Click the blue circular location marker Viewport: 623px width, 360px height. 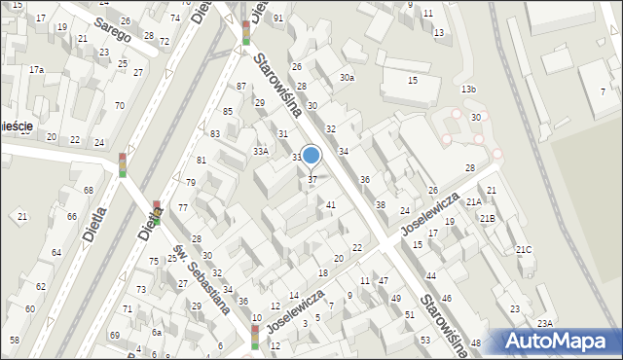[311, 155]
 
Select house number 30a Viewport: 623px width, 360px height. [347, 77]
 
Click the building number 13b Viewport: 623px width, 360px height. [469, 90]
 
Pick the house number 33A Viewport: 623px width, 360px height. [261, 151]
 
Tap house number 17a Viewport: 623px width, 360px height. [36, 70]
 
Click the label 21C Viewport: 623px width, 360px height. [524, 250]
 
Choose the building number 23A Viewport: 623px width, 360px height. [545, 323]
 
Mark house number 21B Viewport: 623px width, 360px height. [486, 218]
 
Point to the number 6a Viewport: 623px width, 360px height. [156, 332]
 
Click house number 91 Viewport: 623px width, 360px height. [278, 18]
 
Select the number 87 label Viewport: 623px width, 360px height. [240, 86]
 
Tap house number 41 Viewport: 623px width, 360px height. [331, 204]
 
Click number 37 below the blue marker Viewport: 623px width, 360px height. [311, 179]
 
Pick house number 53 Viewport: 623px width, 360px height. [424, 340]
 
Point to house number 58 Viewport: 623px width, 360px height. [15, 340]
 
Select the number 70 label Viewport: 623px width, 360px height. [119, 105]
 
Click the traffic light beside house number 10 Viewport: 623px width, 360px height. [255, 336]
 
